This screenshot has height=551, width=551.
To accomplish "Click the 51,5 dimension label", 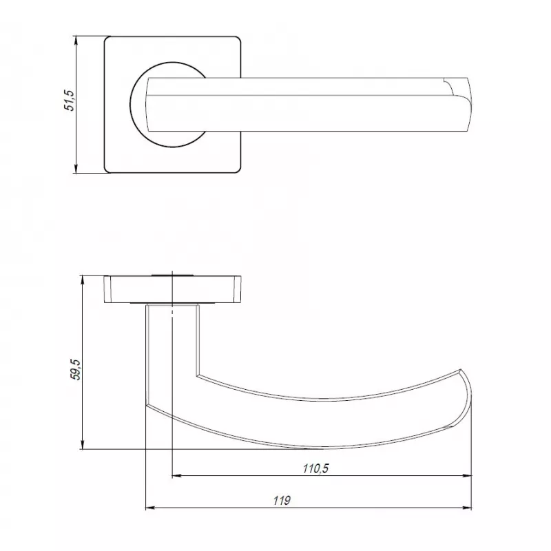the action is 70,101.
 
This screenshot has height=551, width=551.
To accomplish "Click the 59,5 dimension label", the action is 76,369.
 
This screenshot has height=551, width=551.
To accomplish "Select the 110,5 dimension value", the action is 315,468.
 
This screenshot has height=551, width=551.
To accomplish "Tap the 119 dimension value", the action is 282,501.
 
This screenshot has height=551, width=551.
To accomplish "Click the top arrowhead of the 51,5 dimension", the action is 76,40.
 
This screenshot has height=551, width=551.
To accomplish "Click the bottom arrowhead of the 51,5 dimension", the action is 76,169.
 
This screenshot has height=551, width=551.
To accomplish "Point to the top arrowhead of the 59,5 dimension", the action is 83,280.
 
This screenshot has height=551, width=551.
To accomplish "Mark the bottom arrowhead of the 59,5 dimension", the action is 83,445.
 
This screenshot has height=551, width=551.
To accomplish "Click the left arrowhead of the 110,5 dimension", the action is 176,476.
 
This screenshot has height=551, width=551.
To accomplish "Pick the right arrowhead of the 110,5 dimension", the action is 468,476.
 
